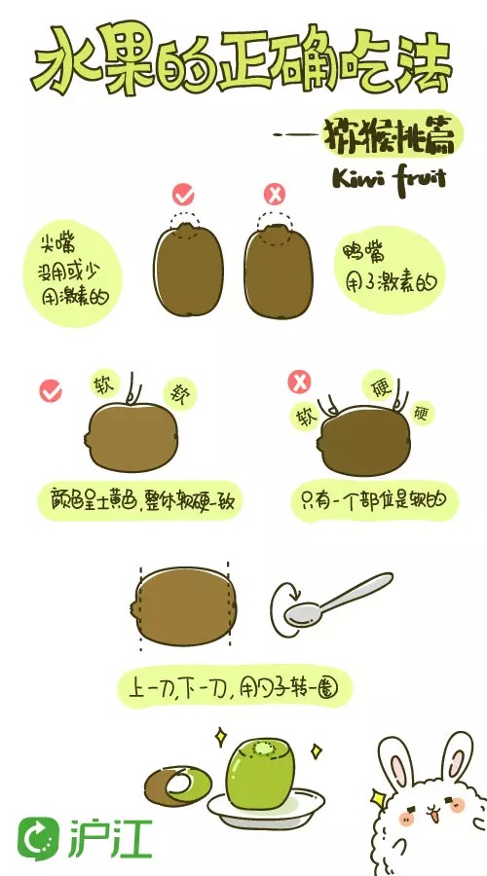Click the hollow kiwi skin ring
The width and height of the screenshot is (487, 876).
(178, 784)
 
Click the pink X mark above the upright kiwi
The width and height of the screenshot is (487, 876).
(276, 194)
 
